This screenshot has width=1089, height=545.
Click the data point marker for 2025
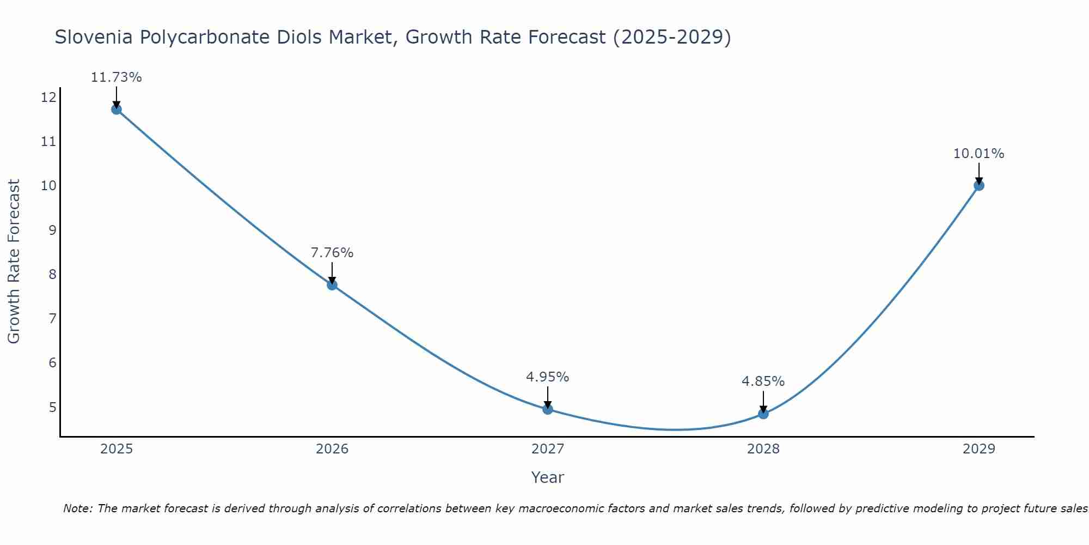(x=117, y=109)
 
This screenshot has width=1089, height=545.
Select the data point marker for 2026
(x=332, y=284)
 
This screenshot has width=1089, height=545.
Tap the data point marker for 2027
(x=548, y=409)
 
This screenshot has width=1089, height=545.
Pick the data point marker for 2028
(x=763, y=414)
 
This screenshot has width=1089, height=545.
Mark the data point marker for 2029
(x=978, y=185)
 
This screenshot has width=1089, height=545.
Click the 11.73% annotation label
(x=116, y=77)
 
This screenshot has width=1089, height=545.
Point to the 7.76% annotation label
(x=332, y=253)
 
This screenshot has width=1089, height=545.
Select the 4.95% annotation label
(x=548, y=377)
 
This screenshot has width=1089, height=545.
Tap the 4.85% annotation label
(x=763, y=381)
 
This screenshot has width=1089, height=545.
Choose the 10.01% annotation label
(x=978, y=154)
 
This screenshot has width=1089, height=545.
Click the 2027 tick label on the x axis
(x=548, y=449)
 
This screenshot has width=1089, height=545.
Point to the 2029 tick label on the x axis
(x=978, y=449)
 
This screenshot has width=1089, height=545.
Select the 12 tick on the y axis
(x=48, y=98)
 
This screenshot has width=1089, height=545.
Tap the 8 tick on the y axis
(x=52, y=274)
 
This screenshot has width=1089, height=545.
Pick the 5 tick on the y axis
(x=52, y=407)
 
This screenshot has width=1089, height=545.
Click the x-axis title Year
(x=548, y=477)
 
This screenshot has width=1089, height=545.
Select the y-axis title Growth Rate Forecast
(x=14, y=262)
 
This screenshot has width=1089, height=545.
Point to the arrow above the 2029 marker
(x=978, y=173)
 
